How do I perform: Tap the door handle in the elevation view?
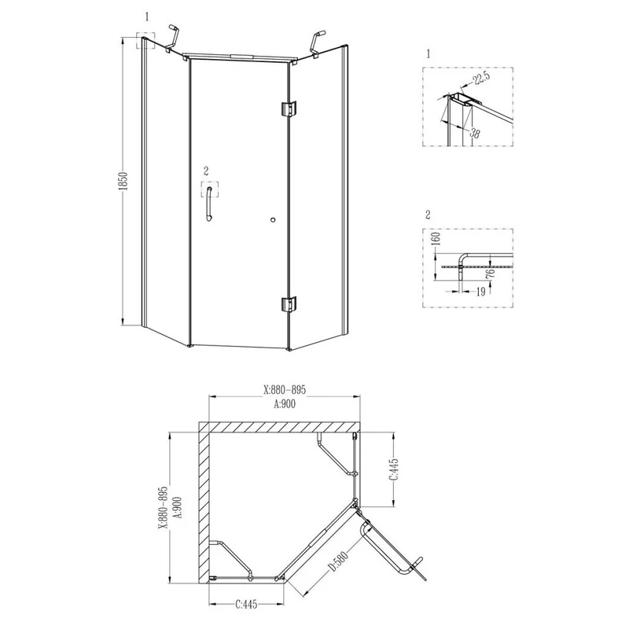pyautogui.click(x=208, y=207)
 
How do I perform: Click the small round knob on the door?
pyautogui.click(x=271, y=221)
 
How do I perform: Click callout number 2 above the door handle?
pyautogui.click(x=207, y=171)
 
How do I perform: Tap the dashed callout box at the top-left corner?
pyautogui.click(x=145, y=40)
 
